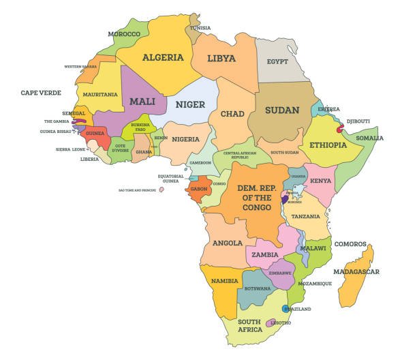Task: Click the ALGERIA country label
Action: tap(163, 57)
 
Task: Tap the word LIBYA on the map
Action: tap(221, 59)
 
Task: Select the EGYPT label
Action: tap(278, 61)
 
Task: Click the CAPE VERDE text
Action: tap(41, 93)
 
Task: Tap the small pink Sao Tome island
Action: tap(161, 190)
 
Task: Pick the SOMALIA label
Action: tap(369, 138)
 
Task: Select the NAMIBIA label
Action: tap(224, 281)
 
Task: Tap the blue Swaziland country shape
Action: tap(286, 308)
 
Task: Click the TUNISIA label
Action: tap(200, 28)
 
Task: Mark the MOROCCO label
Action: tap(123, 33)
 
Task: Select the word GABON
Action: tap(199, 189)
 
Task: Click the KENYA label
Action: tap(320, 181)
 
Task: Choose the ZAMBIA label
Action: tap(264, 254)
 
